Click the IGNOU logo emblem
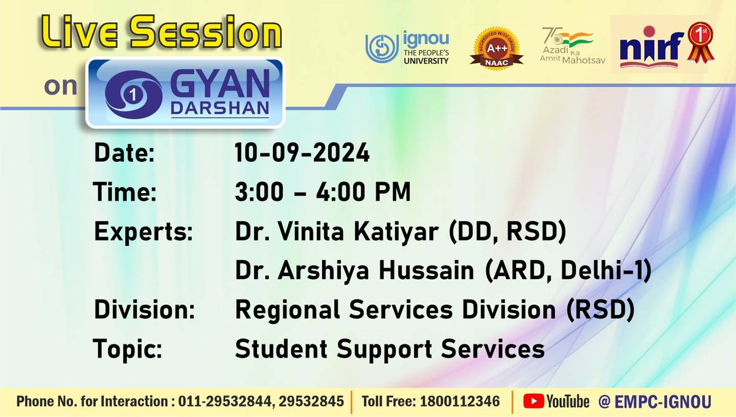pos(382,49)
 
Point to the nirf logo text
pos(650,52)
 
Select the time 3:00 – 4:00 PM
pos(323,193)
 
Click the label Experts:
pos(143,233)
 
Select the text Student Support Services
pos(389,349)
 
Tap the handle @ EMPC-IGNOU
pos(654,402)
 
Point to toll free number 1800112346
pos(459,402)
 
